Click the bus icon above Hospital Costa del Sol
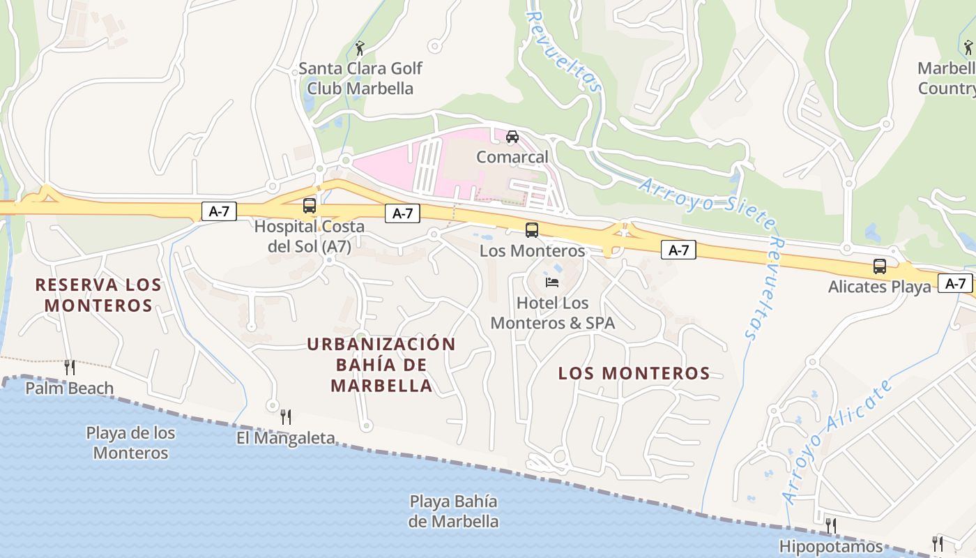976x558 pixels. click(310, 206)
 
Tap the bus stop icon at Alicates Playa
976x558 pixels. click(880, 266)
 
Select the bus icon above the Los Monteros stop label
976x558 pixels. click(532, 229)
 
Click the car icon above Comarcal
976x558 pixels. click(512, 136)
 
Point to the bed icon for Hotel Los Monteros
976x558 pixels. click(552, 282)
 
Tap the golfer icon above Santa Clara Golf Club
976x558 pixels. click(360, 48)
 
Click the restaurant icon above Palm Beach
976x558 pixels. click(69, 367)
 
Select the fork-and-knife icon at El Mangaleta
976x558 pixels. click(286, 417)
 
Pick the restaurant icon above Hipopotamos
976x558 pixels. click(830, 525)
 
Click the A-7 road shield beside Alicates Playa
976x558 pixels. click(955, 283)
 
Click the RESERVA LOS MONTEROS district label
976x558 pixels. click(98, 295)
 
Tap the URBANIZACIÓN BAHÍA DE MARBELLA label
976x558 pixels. click(381, 365)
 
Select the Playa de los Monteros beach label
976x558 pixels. click(130, 443)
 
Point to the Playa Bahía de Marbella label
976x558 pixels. click(454, 511)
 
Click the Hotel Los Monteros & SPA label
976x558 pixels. click(553, 313)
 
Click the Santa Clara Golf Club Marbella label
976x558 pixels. click(360, 78)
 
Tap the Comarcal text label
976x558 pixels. click(512, 157)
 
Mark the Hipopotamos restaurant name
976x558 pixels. click(831, 546)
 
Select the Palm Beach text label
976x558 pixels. click(69, 388)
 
